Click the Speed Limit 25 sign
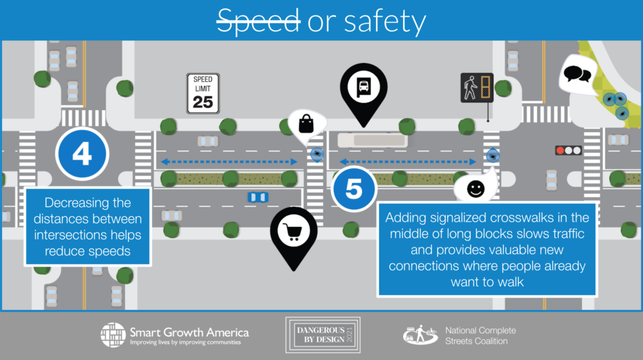tap(203, 94)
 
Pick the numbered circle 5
tap(354, 188)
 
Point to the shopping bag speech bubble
tap(306, 123)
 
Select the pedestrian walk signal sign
tap(477, 87)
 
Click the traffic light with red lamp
tap(568, 151)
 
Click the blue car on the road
tap(257, 197)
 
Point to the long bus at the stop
tap(371, 140)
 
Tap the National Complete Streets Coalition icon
tap(420, 335)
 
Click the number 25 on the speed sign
tap(203, 101)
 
